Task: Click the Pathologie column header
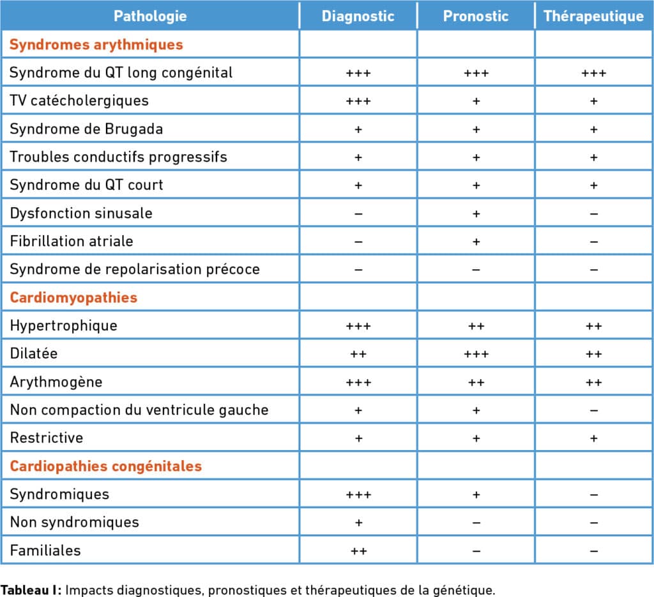(x=150, y=16)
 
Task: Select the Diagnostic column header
(x=358, y=16)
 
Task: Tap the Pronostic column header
(x=476, y=16)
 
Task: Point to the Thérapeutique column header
(x=593, y=16)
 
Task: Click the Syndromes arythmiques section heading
(x=96, y=45)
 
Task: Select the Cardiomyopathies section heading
(x=73, y=298)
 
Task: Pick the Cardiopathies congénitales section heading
(x=106, y=467)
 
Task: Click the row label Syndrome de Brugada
(x=86, y=129)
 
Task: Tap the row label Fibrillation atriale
(x=72, y=242)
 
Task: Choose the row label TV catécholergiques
(x=79, y=101)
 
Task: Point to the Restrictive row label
(x=46, y=438)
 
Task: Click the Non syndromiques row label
(x=74, y=522)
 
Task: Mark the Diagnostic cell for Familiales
(x=358, y=551)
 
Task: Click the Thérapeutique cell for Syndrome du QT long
(x=593, y=74)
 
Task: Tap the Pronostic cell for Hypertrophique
(x=476, y=326)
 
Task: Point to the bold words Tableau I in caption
(x=31, y=590)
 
